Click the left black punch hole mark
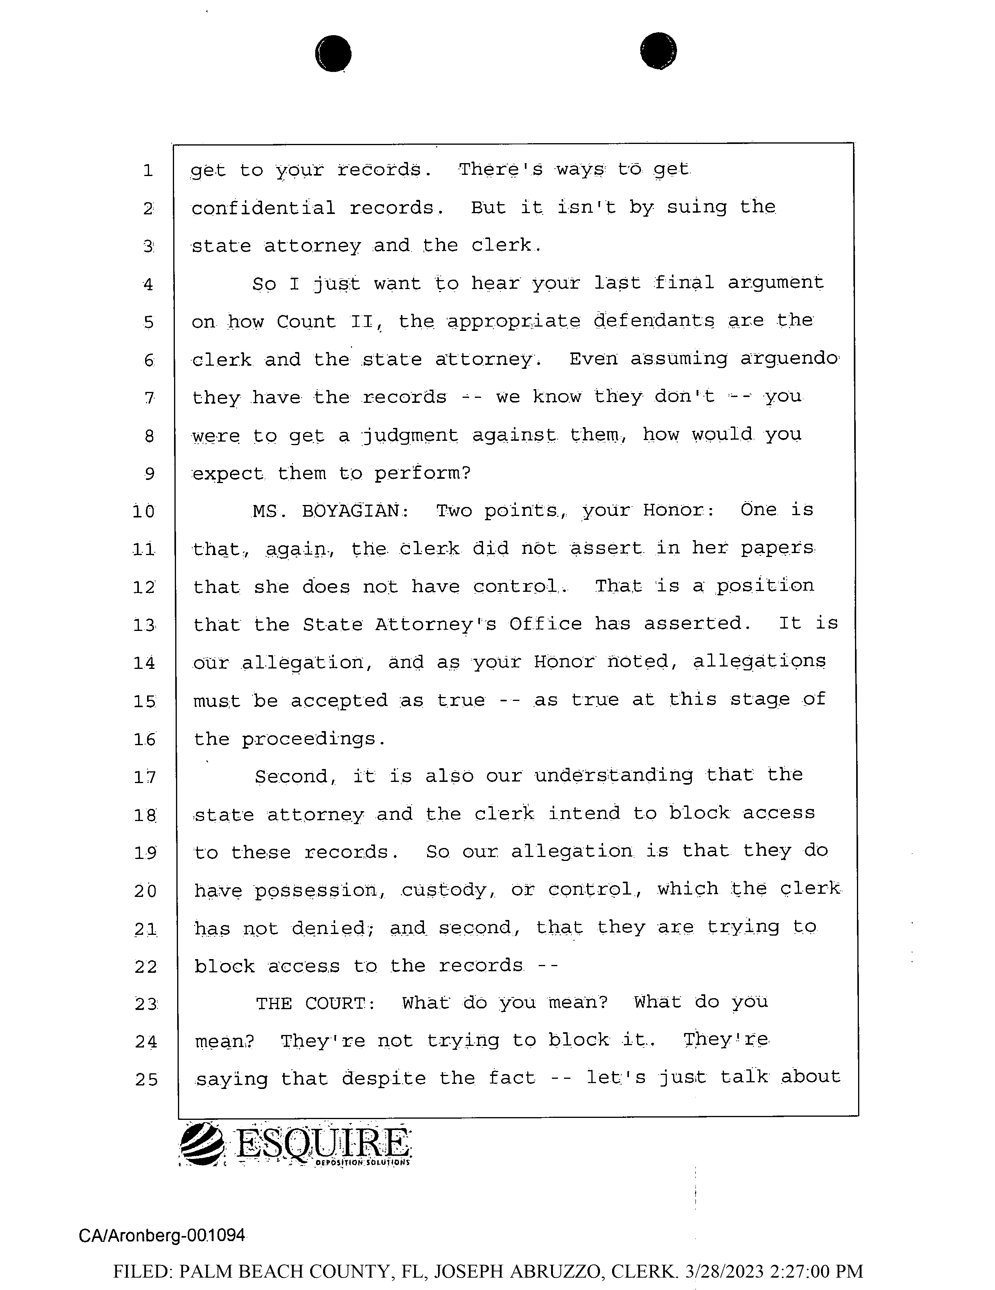(333, 54)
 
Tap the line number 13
(144, 625)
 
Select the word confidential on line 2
(263, 208)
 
